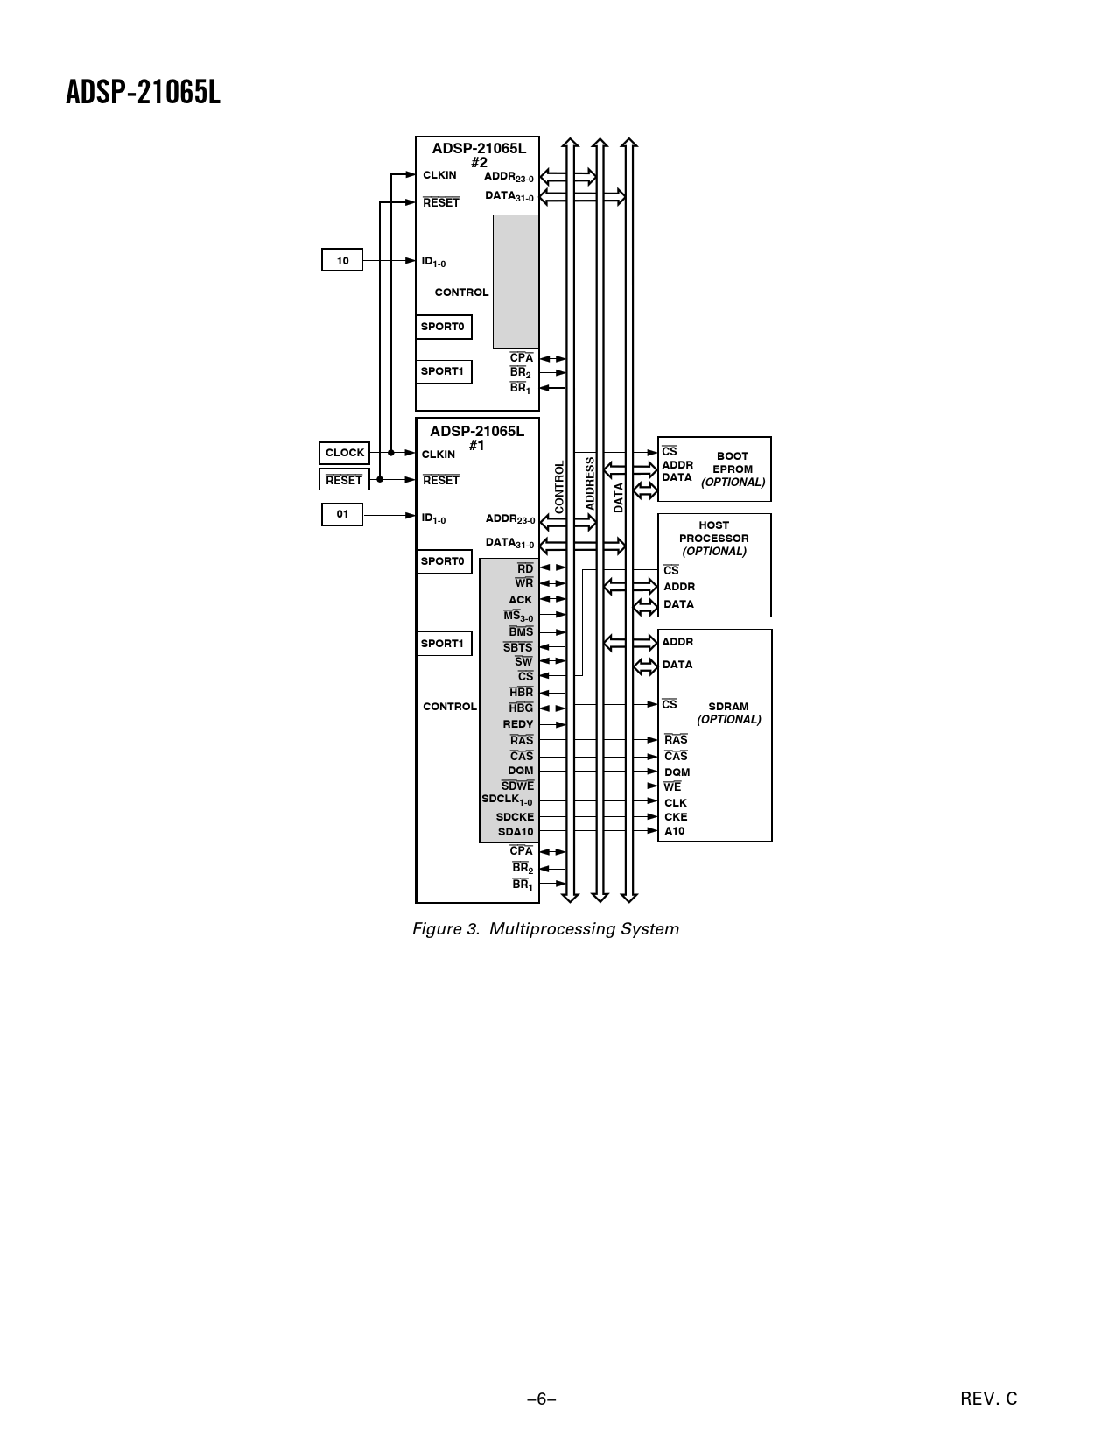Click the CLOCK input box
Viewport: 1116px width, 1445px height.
pos(344,453)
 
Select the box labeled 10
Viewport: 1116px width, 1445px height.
pos(342,260)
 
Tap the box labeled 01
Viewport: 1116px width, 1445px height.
pos(342,514)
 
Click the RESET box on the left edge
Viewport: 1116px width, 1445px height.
pos(344,479)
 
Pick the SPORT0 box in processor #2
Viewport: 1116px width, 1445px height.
pos(444,327)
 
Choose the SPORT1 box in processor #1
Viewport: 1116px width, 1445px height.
pos(444,643)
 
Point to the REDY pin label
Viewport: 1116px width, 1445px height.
pos(518,724)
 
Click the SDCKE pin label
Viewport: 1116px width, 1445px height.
pos(515,816)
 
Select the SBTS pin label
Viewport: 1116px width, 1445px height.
pos(517,647)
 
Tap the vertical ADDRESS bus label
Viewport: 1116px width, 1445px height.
pos(590,483)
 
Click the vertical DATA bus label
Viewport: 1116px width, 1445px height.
pos(619,497)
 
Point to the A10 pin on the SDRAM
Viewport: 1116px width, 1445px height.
pos(674,830)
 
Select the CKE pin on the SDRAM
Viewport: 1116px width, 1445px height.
pos(676,816)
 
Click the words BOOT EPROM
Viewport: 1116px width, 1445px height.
pos(733,462)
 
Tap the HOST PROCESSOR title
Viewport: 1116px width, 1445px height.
pos(714,532)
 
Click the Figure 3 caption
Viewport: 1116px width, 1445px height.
pos(545,929)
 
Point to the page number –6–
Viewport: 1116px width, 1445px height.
pos(542,1399)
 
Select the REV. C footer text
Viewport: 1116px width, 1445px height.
pos(988,1399)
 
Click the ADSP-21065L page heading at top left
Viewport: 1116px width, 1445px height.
pos(143,93)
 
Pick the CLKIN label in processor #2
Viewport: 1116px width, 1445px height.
pos(439,175)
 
